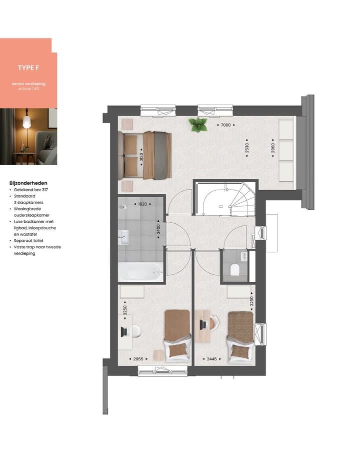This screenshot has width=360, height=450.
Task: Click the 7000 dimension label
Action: click(225, 125)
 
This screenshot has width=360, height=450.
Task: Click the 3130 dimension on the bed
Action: click(142, 156)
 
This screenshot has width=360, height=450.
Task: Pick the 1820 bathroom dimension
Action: click(141, 204)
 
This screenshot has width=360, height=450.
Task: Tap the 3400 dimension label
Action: click(158, 230)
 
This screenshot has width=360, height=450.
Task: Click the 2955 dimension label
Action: click(138, 358)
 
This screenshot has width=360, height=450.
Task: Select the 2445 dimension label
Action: click(208, 358)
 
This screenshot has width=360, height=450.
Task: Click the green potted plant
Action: click(198, 125)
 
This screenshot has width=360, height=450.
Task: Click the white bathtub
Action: click(140, 273)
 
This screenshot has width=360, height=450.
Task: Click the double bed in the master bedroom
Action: click(146, 155)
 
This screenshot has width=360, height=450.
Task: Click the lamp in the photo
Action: click(27, 122)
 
